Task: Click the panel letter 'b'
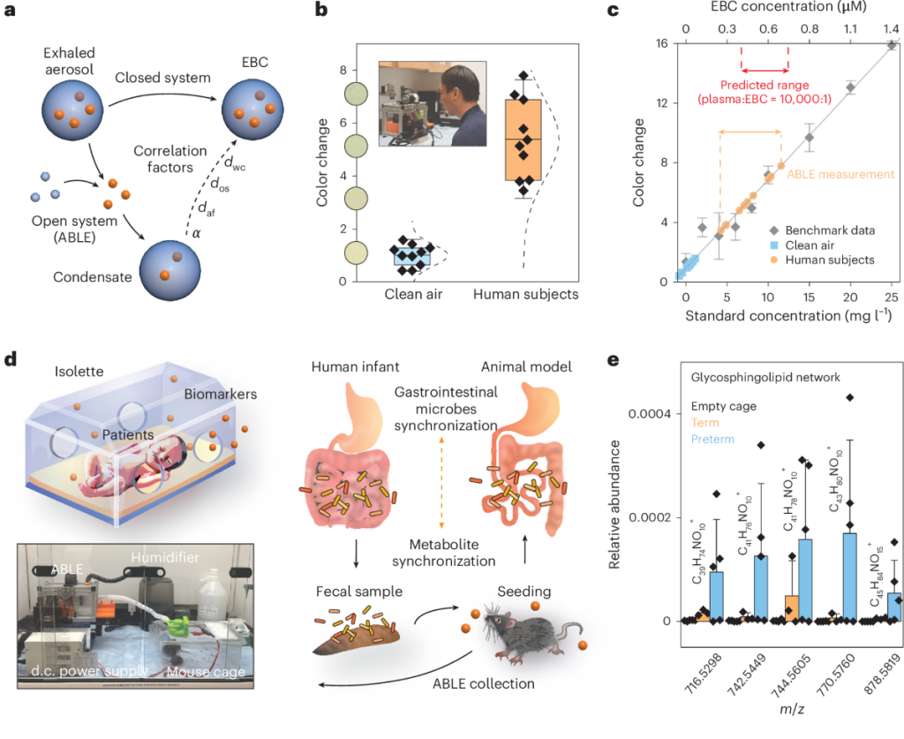(322, 12)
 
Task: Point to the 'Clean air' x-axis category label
(412, 294)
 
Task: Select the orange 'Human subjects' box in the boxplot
(523, 140)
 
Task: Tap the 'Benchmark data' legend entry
(833, 230)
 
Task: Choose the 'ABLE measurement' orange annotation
(832, 175)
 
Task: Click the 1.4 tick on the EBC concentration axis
(891, 29)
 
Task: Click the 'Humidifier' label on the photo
(161, 556)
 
